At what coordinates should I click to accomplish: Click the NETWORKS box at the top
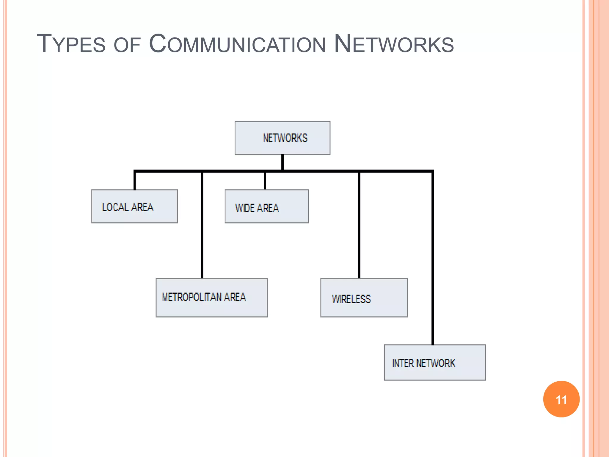click(x=282, y=138)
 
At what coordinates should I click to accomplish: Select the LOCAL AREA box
click(x=134, y=206)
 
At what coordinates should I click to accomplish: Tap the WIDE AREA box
click(x=266, y=206)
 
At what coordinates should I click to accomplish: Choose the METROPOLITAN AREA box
click(x=211, y=298)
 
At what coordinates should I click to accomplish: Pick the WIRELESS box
click(x=364, y=298)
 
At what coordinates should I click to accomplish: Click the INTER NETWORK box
click(x=435, y=362)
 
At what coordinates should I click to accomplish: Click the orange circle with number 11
click(x=561, y=399)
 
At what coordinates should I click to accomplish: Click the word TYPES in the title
click(x=71, y=44)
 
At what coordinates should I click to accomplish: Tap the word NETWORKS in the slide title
click(x=394, y=44)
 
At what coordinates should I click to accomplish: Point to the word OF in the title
click(x=127, y=45)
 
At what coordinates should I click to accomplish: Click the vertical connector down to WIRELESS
click(x=359, y=226)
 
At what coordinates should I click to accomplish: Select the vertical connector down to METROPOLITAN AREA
click(x=202, y=226)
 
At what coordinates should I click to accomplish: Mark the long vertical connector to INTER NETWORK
click(x=433, y=259)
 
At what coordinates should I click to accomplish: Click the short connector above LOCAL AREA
click(x=135, y=181)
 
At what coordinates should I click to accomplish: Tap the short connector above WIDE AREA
click(x=265, y=181)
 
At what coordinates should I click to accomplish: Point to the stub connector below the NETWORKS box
click(x=282, y=162)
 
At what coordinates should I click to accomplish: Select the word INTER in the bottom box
click(x=403, y=363)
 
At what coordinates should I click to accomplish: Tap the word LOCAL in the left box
click(x=115, y=207)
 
